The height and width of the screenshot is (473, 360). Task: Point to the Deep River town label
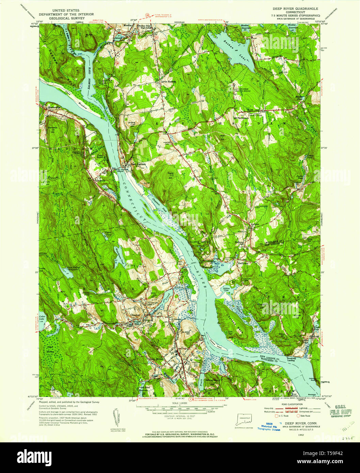click(156, 359)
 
